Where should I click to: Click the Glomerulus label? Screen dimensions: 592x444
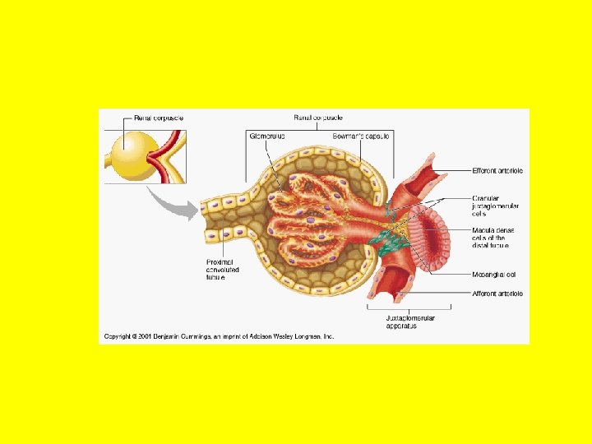tap(266, 136)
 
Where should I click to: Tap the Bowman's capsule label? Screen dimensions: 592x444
tap(362, 136)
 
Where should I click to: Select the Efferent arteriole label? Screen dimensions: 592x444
tap(498, 171)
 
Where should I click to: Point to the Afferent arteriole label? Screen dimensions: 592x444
tap(498, 294)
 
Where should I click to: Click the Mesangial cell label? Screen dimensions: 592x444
tap(494, 275)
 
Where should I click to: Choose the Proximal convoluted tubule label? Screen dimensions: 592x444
tap(223, 270)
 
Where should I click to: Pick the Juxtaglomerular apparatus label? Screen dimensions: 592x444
tap(410, 321)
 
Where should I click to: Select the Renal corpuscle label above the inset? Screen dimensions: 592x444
tap(159, 118)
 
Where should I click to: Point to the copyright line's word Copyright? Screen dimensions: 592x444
tap(120, 335)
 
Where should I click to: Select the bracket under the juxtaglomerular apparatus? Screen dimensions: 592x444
tap(410, 308)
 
